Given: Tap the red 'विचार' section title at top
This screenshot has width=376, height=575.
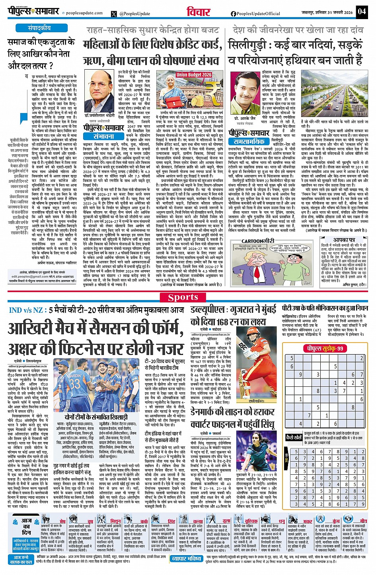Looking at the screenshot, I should click(198, 12).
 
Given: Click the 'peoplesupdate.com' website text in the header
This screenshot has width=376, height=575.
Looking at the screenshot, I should click(84, 13).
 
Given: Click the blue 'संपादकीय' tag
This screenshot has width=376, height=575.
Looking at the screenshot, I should click(39, 28).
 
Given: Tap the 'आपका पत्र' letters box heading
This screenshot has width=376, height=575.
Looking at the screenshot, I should click(344, 240).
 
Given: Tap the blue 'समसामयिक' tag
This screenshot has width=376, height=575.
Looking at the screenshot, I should click(249, 141).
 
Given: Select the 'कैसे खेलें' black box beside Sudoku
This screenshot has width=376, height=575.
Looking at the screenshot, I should click(294, 437).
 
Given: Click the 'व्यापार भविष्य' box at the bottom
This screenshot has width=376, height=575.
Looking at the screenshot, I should click(186, 559).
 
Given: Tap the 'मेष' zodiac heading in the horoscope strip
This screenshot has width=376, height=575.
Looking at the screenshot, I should click(62, 521).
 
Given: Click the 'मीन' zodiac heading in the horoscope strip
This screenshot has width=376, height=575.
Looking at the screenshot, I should click(363, 521).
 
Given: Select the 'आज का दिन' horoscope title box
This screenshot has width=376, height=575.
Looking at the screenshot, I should click(26, 526).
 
